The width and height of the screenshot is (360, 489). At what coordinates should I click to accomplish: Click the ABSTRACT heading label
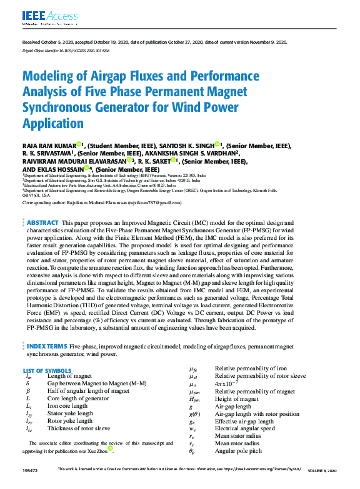tap(43, 222)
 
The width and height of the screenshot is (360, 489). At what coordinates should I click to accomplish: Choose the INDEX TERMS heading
tap(46, 345)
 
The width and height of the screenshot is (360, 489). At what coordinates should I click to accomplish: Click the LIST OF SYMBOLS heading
tap(47, 370)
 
